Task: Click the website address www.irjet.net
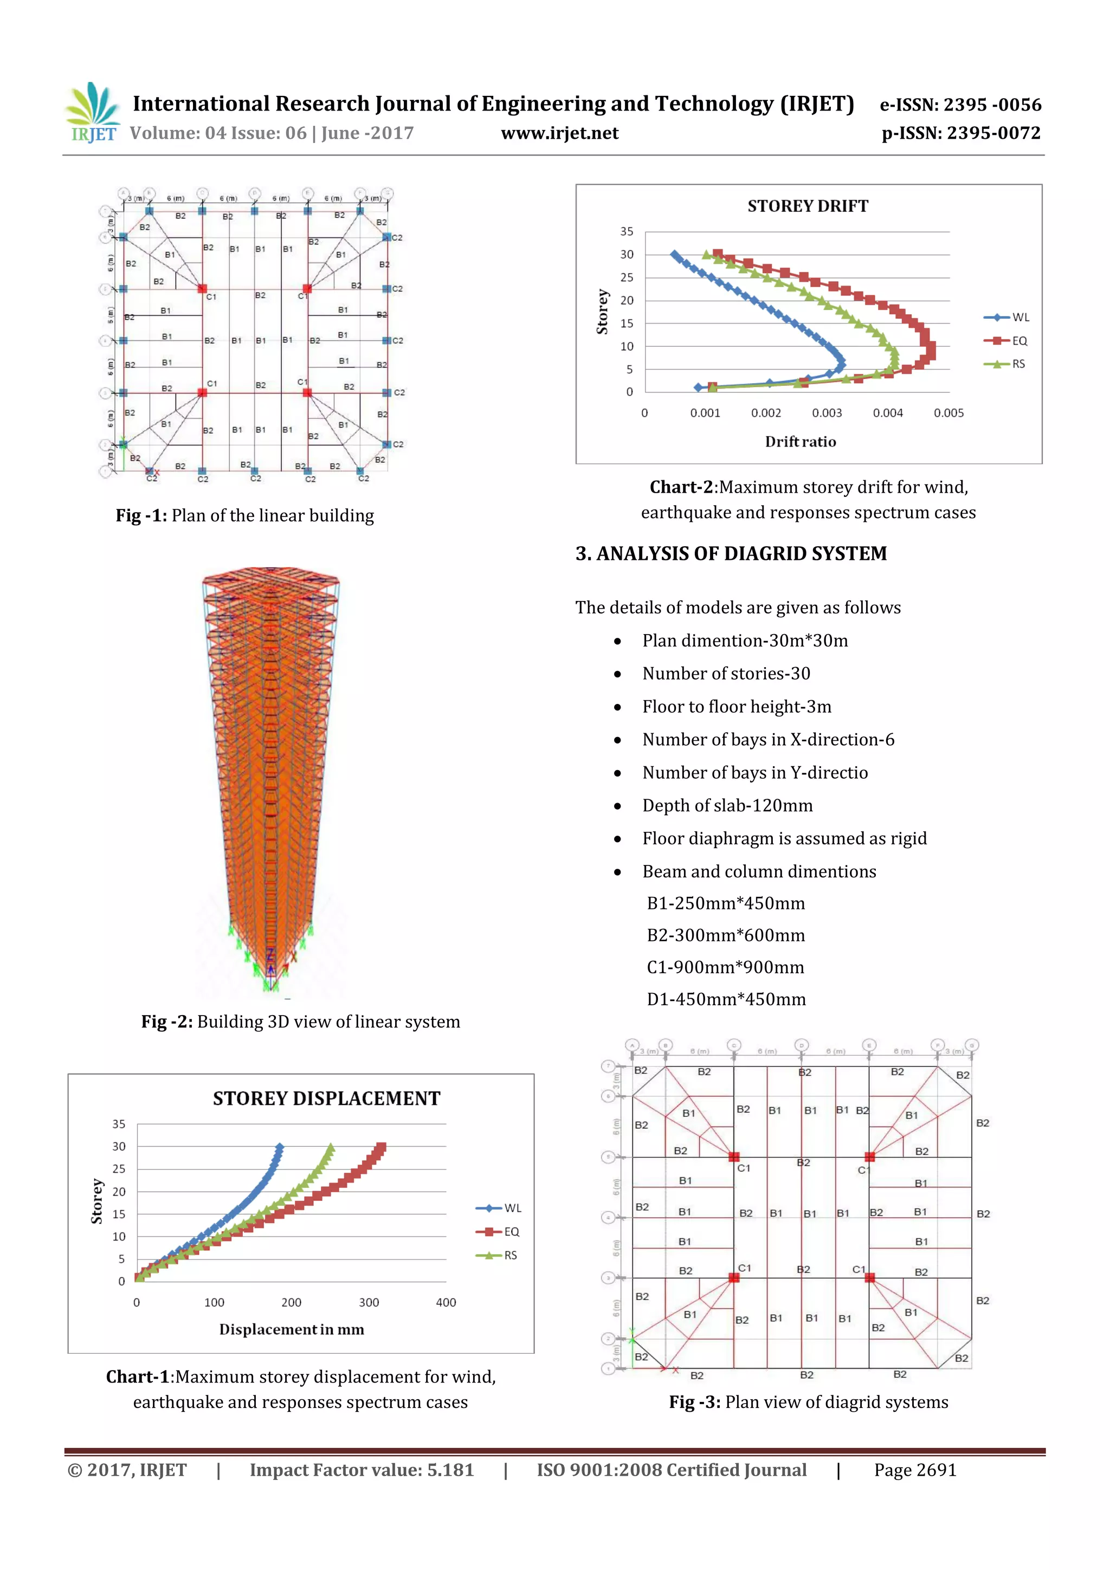pos(559,133)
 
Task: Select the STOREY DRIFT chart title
pos(807,206)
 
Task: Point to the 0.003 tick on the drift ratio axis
pos(827,413)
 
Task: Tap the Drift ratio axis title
pos(800,442)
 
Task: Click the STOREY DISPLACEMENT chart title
pos(326,1098)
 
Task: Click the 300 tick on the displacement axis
pos(369,1302)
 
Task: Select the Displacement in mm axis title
pos(292,1329)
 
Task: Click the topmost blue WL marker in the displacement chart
pos(279,1147)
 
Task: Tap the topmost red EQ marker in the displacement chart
pos(382,1147)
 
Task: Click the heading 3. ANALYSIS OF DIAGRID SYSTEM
pos(731,553)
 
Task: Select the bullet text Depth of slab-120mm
pos(727,805)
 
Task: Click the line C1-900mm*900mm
pos(725,967)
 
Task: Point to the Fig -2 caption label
pos(167,1022)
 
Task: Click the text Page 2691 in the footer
pos(914,1470)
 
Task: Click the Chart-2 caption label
pos(681,487)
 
